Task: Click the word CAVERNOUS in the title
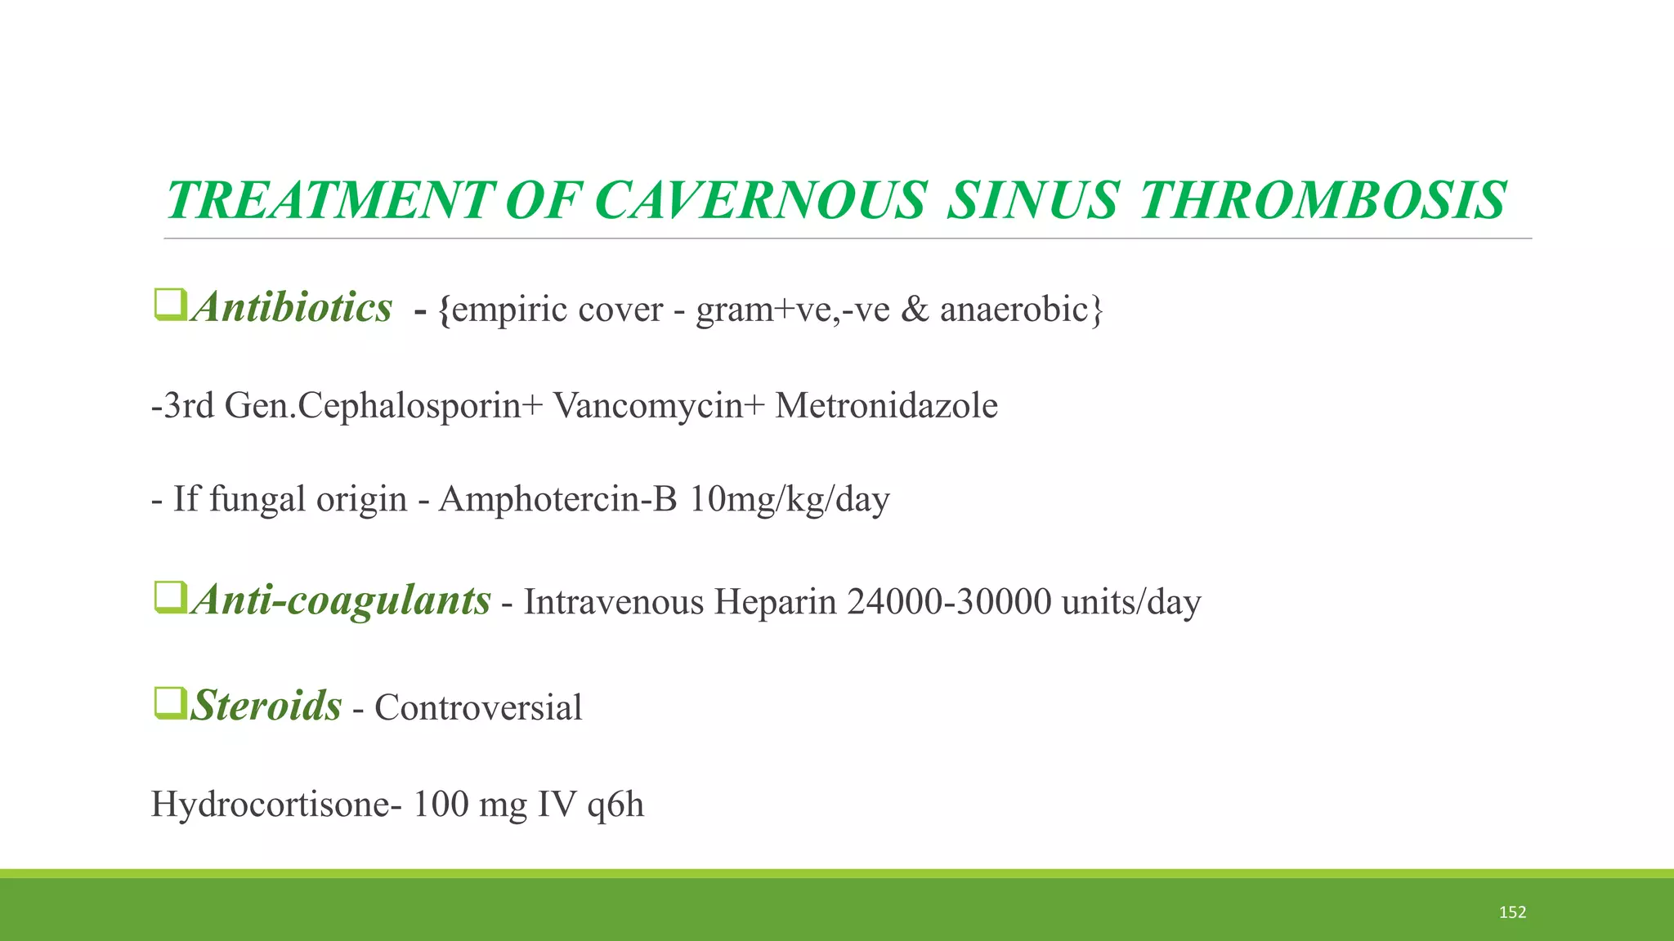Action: (x=760, y=200)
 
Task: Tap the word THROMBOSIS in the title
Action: (x=1322, y=200)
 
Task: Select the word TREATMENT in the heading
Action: (x=330, y=200)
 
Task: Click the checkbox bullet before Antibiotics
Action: (x=171, y=305)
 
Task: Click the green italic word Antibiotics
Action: (x=292, y=308)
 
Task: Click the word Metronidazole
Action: (x=886, y=406)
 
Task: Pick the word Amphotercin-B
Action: (x=557, y=499)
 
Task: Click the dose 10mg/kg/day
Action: (x=789, y=499)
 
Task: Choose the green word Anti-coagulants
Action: (x=341, y=600)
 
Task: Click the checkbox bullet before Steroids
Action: (x=171, y=703)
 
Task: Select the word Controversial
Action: (x=478, y=707)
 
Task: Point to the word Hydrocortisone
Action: (x=275, y=805)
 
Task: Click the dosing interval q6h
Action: (x=615, y=805)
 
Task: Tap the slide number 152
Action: (x=1512, y=912)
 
